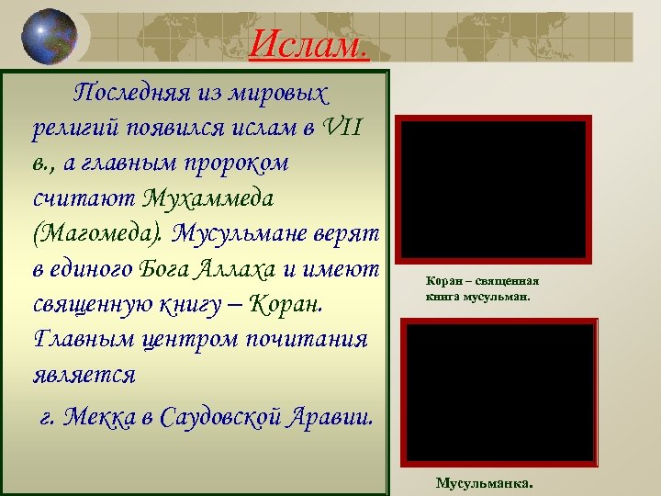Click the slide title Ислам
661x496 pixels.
pyautogui.click(x=308, y=42)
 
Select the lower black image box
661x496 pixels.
pyautogui.click(x=501, y=391)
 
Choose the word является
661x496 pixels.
pyautogui.click(x=84, y=372)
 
